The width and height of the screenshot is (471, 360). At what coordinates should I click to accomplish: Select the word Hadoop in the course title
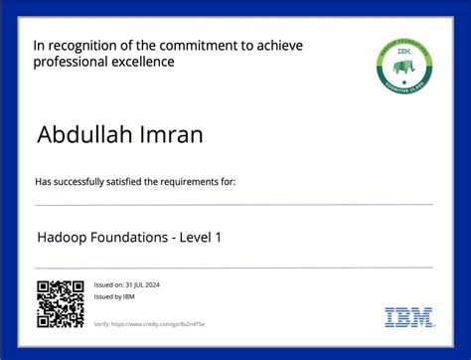tap(63, 239)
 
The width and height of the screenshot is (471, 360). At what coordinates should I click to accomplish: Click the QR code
tap(61, 304)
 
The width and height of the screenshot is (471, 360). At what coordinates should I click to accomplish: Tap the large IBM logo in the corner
tap(409, 318)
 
